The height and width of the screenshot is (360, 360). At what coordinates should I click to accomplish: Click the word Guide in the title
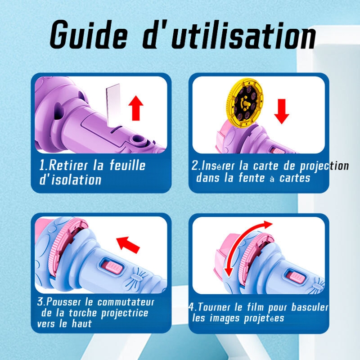point(88,35)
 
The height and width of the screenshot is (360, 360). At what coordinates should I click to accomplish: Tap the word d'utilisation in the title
point(229,35)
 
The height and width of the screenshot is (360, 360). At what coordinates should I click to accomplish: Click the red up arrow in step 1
point(136,108)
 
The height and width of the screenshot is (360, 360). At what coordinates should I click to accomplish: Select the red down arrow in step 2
point(282,111)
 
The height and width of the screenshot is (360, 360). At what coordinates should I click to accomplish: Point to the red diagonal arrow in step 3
point(128,244)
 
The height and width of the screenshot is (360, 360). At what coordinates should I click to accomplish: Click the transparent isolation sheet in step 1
point(113,105)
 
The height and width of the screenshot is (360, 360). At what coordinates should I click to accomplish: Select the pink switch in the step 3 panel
point(112,267)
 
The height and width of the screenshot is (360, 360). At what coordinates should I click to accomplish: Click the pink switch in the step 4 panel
point(297,277)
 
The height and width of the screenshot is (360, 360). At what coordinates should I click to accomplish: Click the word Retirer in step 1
point(68,165)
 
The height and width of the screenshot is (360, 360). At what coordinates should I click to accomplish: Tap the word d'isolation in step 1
point(70,180)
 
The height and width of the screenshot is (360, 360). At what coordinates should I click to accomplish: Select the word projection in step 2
point(324,166)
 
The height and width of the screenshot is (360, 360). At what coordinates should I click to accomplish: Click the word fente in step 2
point(252,177)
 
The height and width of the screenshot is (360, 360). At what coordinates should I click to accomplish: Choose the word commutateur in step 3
point(126,302)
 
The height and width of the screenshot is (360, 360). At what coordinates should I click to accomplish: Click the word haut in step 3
point(82,324)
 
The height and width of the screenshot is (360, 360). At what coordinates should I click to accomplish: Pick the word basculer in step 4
point(310,307)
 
